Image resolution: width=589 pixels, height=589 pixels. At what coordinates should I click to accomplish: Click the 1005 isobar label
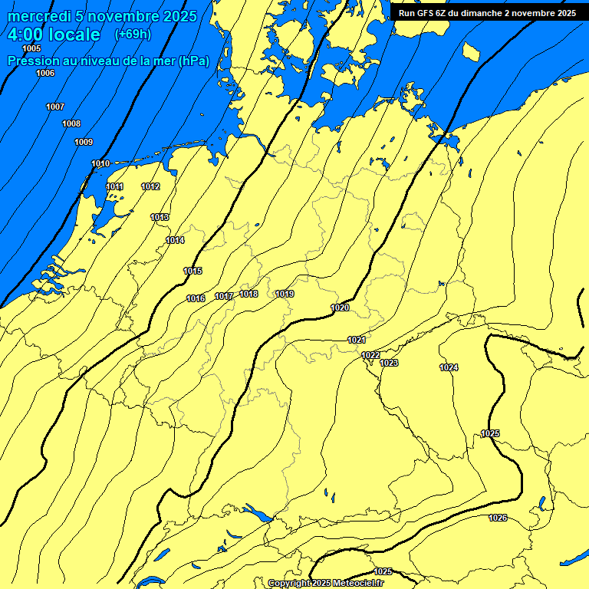(32, 49)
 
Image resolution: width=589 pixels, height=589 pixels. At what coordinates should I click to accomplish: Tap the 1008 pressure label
(71, 124)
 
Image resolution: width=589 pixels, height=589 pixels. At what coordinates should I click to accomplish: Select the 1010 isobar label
(100, 163)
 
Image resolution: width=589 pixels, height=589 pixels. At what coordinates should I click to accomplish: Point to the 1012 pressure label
(150, 187)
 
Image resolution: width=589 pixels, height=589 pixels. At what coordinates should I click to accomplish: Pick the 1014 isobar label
(175, 241)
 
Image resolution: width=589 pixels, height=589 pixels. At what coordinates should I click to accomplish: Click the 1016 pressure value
(196, 298)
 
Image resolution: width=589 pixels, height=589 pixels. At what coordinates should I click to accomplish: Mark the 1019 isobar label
(285, 294)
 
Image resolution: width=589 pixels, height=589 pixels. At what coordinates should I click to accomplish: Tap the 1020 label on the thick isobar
(341, 308)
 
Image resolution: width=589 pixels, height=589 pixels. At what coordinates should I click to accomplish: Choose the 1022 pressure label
(371, 355)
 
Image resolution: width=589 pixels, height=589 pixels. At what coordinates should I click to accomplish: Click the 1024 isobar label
(449, 368)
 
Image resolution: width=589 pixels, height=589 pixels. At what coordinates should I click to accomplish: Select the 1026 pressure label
(498, 518)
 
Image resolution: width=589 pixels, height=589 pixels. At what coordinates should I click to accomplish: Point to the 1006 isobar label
(45, 74)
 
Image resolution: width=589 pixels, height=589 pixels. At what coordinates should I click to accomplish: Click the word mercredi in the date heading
(38, 16)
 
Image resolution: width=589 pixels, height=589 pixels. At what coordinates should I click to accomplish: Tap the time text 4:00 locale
(54, 35)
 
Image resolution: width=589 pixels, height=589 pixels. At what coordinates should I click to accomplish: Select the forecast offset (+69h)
(132, 35)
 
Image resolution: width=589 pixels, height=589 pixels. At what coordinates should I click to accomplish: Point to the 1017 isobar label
(224, 296)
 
